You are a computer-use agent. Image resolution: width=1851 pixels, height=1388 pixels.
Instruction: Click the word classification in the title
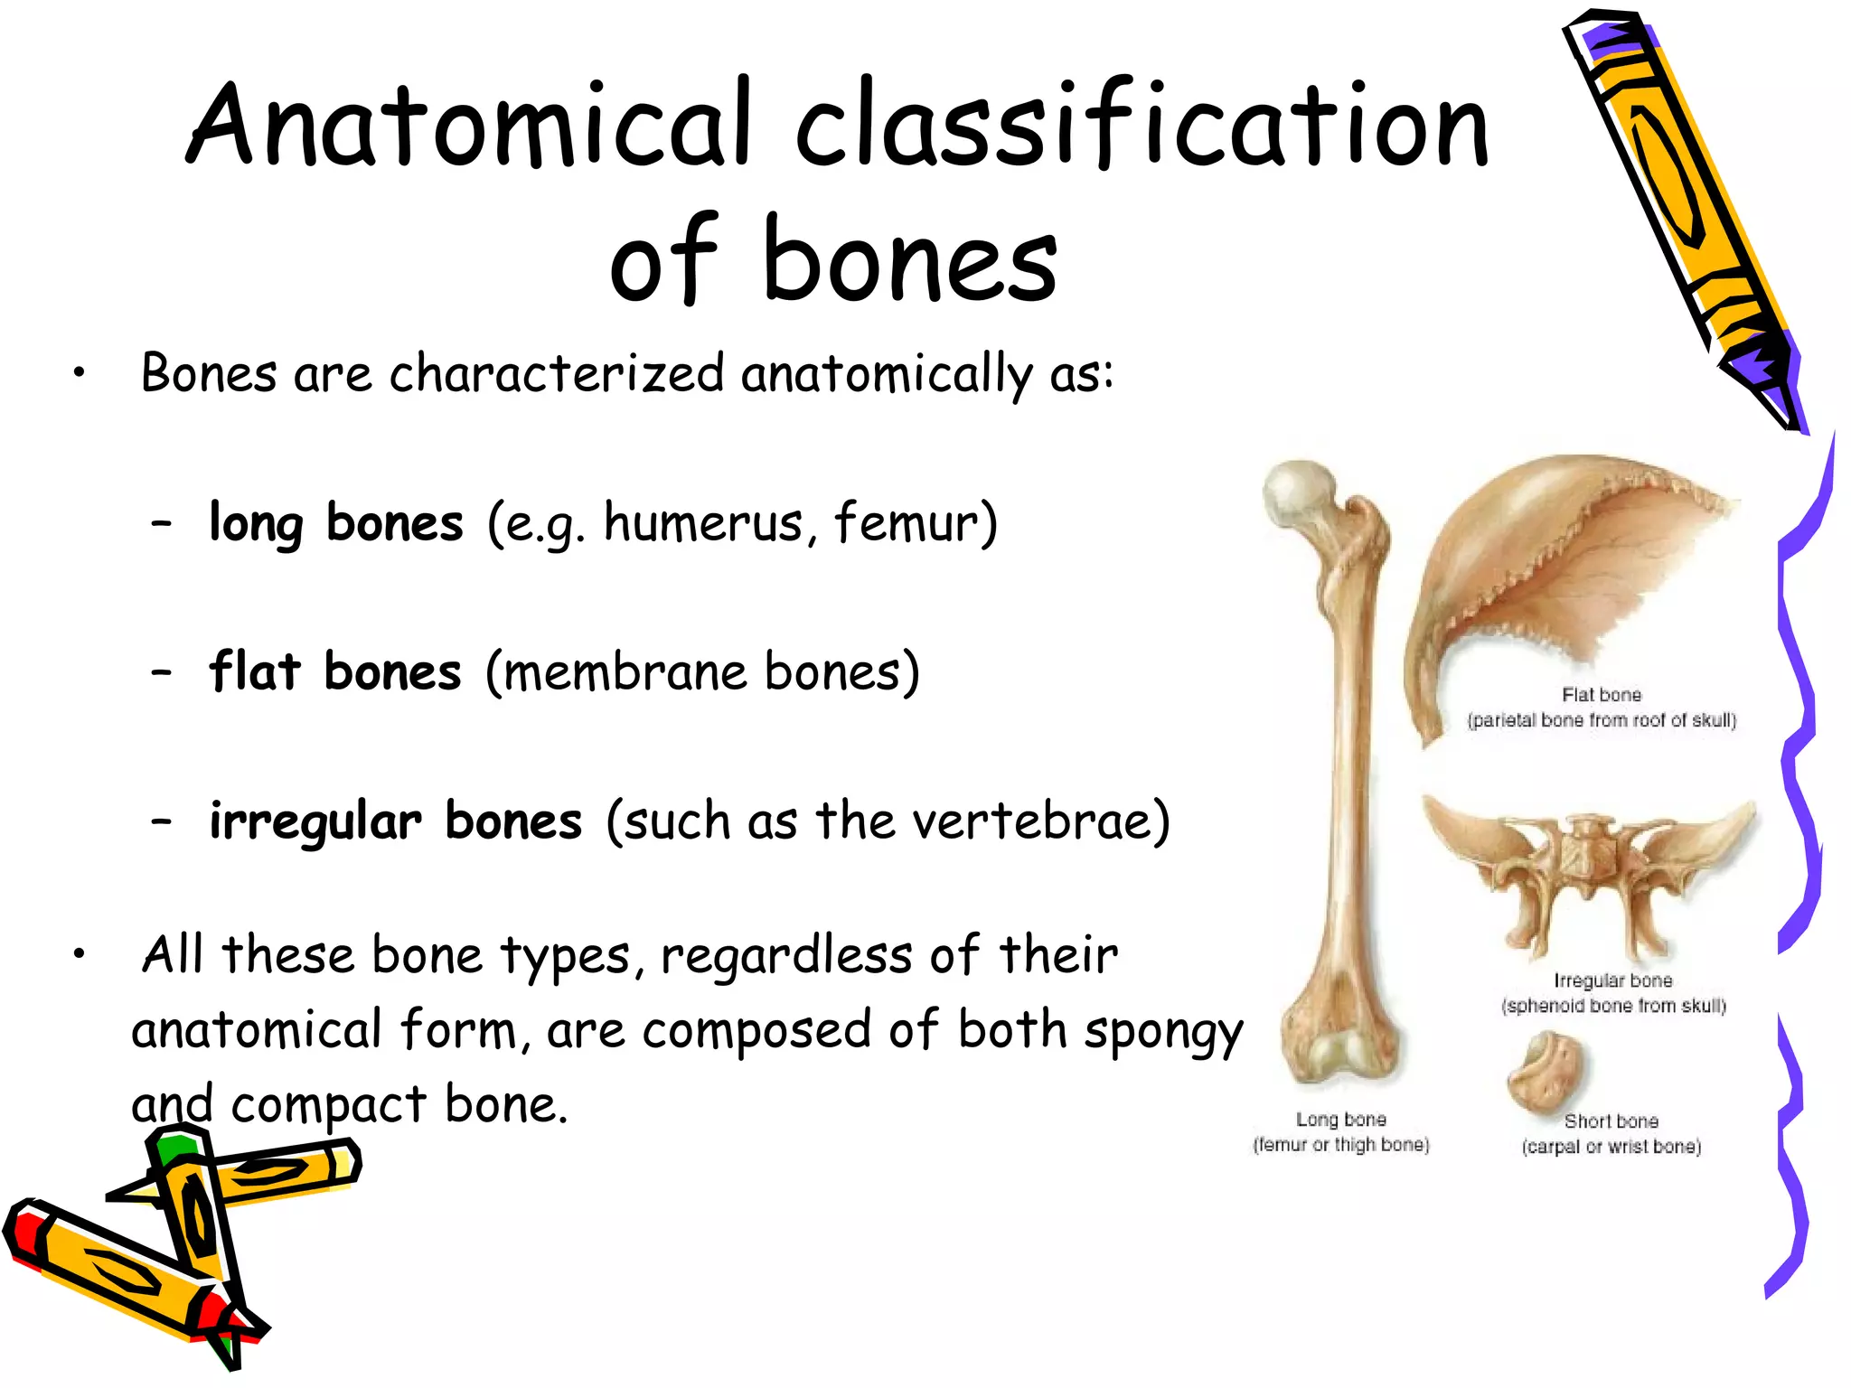(1141, 124)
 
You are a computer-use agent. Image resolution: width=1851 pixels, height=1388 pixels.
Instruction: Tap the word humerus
(702, 523)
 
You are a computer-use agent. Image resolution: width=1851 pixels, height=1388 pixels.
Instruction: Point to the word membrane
(625, 672)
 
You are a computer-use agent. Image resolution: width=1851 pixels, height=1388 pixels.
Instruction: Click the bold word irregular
(315, 822)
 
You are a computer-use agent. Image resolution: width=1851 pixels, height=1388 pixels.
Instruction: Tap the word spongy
(1162, 1032)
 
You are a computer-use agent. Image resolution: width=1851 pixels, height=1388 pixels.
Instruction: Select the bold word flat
(254, 672)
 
